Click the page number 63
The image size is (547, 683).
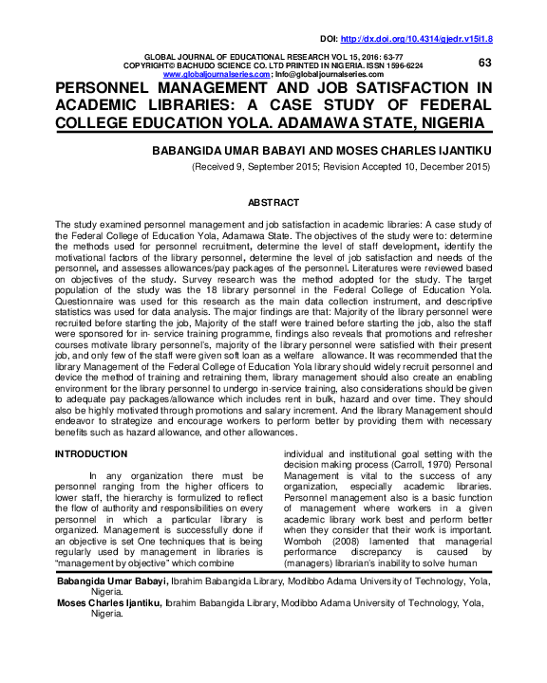(x=484, y=62)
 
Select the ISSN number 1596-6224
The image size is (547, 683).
(x=399, y=65)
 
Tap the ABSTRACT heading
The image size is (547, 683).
(x=273, y=203)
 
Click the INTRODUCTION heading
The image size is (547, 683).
(x=91, y=454)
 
